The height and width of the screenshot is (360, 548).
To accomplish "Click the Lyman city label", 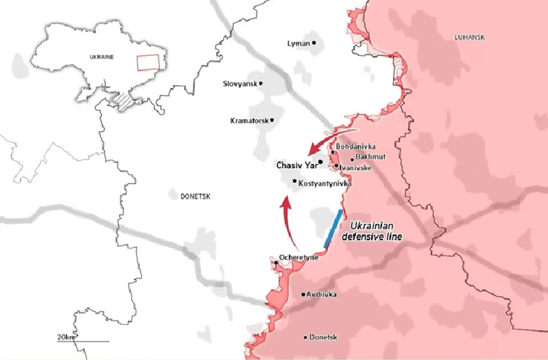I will (299, 44).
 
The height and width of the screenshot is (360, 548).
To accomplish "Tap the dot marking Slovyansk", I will (261, 83).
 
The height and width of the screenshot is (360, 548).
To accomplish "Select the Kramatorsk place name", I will (251, 120).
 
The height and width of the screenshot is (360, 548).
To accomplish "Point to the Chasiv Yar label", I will (297, 165).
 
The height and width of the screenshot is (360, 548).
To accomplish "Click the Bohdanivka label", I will (355, 146).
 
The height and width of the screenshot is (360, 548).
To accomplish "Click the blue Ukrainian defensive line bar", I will (332, 227).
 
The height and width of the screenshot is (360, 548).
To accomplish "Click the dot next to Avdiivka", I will (303, 295).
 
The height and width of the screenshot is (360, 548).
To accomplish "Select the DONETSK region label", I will (194, 196).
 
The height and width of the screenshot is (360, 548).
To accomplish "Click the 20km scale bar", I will (82, 340).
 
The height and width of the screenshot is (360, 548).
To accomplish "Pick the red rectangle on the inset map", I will (148, 62).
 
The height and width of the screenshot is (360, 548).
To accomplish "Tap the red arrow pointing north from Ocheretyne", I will (288, 223).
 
